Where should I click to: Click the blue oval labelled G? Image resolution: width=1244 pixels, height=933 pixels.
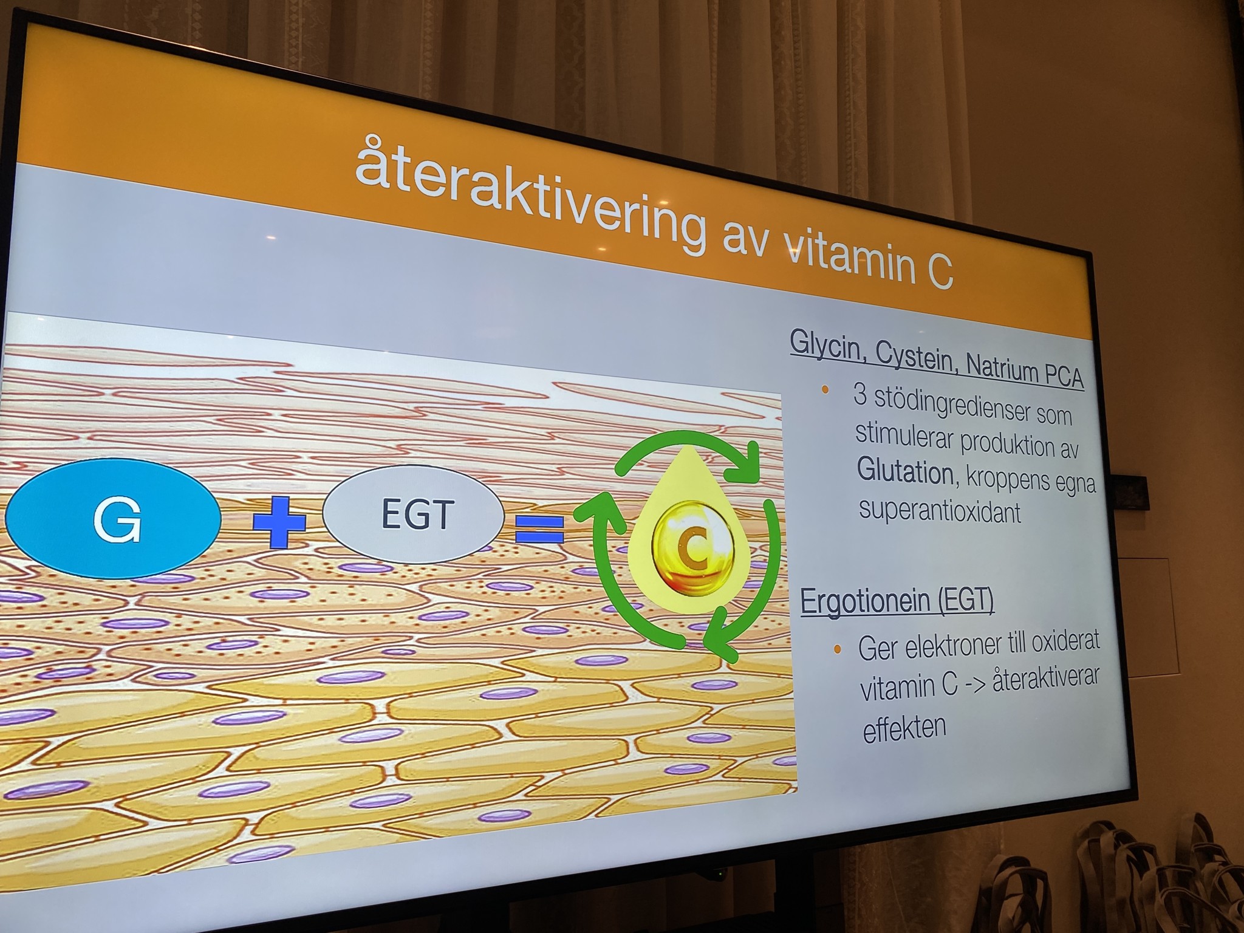113,518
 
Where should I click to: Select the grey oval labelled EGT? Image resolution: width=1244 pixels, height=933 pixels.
414,514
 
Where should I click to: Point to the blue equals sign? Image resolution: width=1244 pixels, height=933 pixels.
540,528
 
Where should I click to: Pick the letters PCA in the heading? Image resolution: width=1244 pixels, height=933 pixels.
1064,375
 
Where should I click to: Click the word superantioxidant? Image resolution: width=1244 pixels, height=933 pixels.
940,511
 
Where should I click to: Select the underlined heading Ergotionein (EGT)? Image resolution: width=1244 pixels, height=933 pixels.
897,601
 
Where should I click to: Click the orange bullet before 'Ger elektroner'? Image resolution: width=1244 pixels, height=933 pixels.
837,649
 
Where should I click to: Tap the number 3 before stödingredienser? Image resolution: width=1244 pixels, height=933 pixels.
860,395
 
